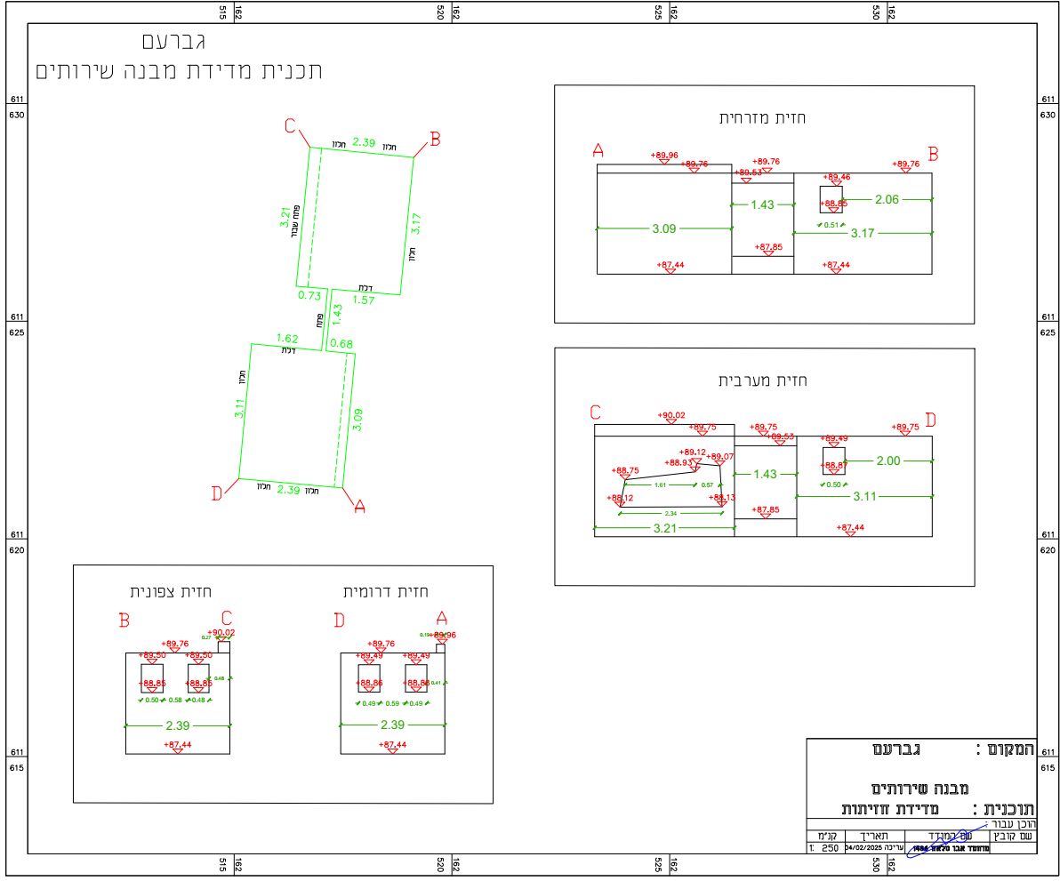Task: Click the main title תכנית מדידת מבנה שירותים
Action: click(x=178, y=72)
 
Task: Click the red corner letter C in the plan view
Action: click(x=290, y=125)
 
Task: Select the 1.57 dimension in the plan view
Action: click(x=365, y=300)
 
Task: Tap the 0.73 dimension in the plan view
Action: click(x=309, y=295)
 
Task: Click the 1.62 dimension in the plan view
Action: click(x=287, y=339)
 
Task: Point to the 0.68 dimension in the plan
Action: click(x=341, y=344)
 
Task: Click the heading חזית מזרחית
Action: click(x=762, y=118)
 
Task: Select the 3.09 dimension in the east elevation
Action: click(x=664, y=228)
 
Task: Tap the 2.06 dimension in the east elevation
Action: click(x=887, y=199)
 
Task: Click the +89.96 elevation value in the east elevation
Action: click(x=664, y=156)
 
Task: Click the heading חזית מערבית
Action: click(x=762, y=380)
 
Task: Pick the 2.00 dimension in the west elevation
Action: click(x=888, y=461)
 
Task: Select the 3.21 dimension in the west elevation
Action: click(x=663, y=528)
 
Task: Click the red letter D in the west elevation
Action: click(x=930, y=419)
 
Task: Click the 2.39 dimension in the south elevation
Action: click(x=392, y=725)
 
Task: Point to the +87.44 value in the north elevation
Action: click(x=178, y=745)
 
